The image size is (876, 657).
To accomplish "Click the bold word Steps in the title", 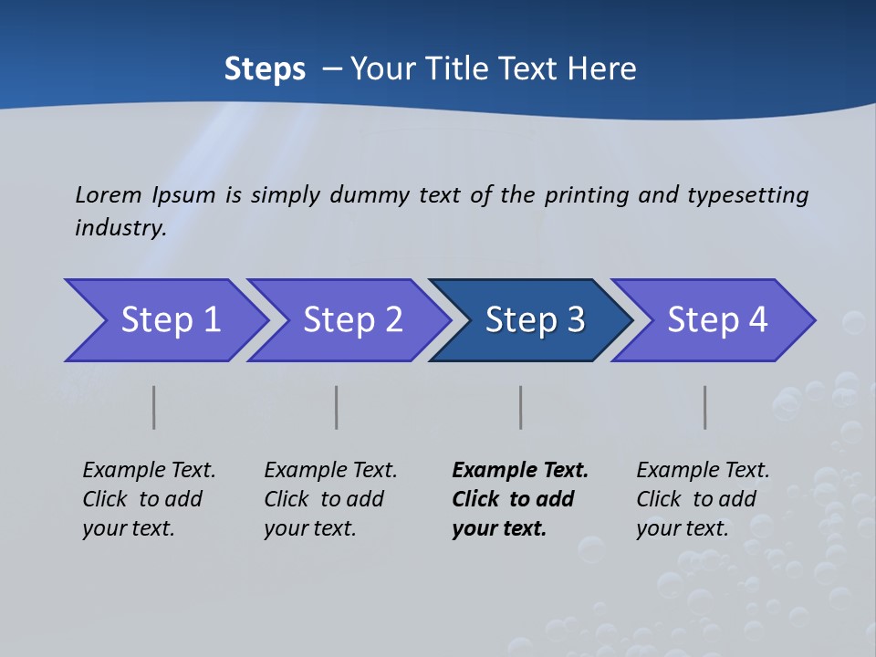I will point(265,69).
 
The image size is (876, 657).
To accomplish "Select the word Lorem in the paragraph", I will point(108,194).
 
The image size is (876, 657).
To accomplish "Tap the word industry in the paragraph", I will point(120,227).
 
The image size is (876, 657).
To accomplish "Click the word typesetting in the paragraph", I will point(747,194).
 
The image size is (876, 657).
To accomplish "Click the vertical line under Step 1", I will point(154,407).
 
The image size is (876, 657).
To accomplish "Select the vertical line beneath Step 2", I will point(337,407).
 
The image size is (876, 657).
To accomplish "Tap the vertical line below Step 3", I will point(521,407).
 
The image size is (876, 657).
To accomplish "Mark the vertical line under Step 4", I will point(705,407).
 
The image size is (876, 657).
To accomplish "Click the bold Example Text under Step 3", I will point(520,471).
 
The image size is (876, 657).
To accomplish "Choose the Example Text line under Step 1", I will point(149,471).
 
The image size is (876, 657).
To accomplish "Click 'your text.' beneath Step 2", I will point(309,528).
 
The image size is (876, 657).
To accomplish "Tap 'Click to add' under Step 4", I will point(696,499).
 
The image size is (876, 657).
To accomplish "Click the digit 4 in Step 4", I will point(757,320).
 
